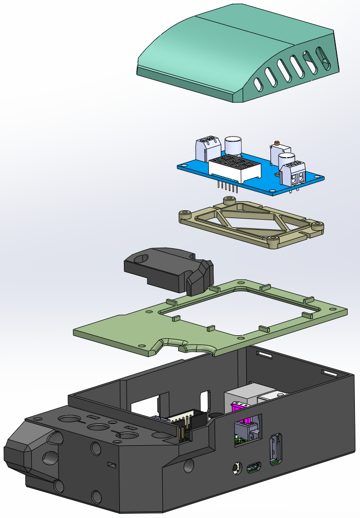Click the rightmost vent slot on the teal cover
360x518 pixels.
324,58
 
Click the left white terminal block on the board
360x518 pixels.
207,147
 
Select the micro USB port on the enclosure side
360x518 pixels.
255,467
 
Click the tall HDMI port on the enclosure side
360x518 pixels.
275,449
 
